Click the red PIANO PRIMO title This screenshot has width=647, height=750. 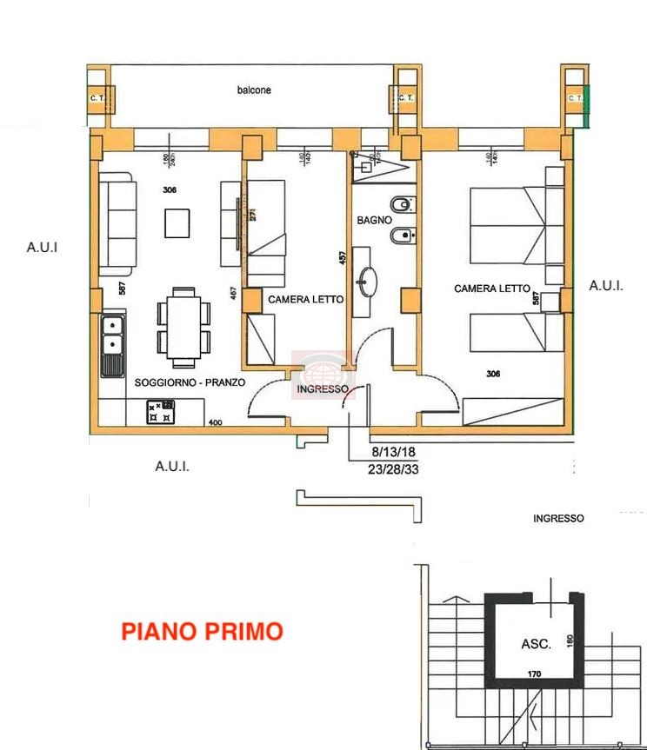pos(202,631)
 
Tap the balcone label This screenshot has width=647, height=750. pos(254,90)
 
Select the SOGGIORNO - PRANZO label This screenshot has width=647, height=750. pos(190,382)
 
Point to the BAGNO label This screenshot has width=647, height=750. pos(374,221)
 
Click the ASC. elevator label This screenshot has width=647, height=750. pos(535,644)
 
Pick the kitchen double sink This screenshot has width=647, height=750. pos(111,345)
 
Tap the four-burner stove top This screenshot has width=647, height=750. pos(161,411)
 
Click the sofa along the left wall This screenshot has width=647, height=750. pos(116,222)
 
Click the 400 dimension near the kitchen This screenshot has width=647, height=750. pos(216,423)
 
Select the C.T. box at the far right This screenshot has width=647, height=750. pos(574,98)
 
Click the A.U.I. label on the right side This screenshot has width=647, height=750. pos(606,285)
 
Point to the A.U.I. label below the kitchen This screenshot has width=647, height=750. pos(172,467)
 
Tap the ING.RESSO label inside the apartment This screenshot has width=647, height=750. pos(323,389)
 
